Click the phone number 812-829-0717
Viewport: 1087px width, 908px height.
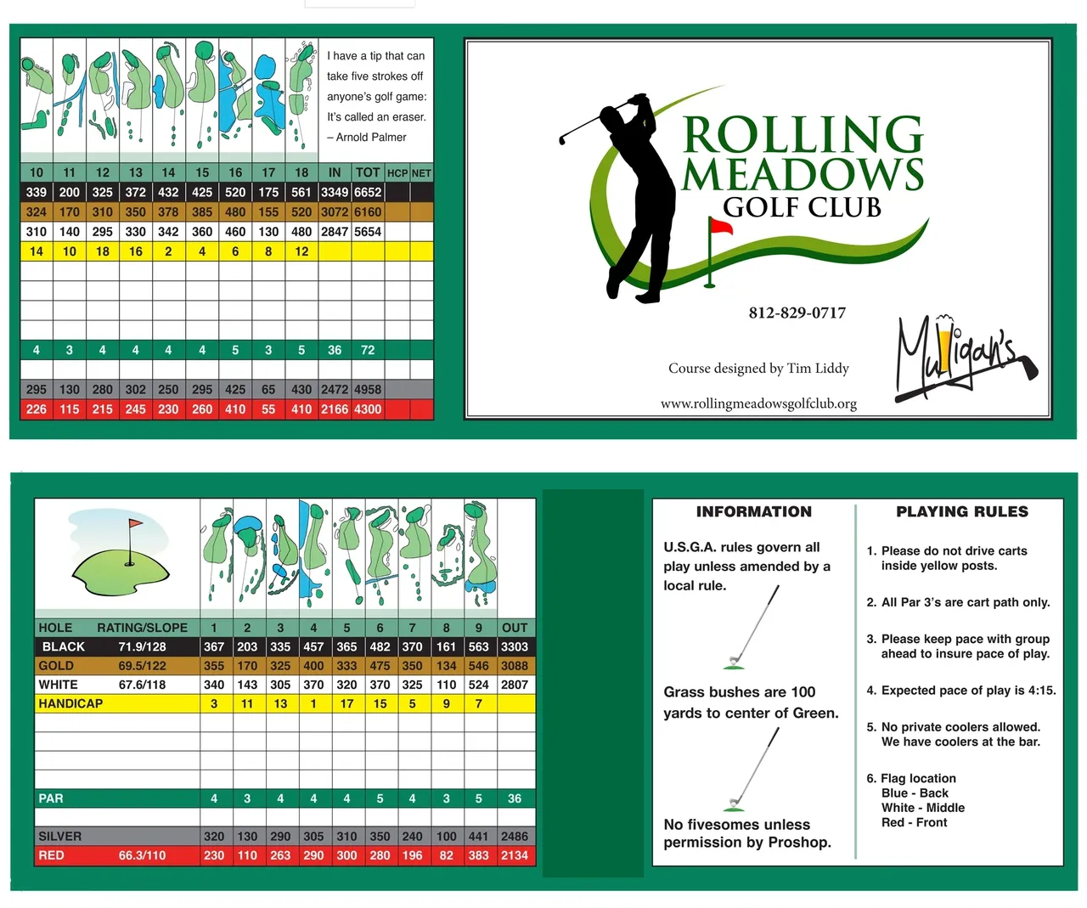(797, 313)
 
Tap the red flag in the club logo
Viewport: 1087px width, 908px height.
(721, 227)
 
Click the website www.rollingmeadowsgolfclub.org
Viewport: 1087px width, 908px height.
(758, 403)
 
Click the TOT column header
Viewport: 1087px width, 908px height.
(368, 172)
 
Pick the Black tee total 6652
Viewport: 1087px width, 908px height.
(368, 193)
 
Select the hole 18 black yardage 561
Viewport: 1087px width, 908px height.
(301, 193)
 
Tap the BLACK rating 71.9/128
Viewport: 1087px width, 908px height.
(142, 646)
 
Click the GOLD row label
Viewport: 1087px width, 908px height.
(56, 666)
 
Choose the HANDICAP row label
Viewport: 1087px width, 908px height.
(70, 703)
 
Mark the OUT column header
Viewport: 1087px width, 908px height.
(515, 628)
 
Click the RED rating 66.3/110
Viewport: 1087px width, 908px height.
(142, 855)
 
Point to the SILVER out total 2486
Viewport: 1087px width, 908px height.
(515, 836)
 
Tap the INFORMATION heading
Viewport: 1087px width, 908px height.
(753, 511)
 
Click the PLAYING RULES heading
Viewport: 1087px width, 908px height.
(962, 511)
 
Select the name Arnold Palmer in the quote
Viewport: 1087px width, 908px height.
(371, 137)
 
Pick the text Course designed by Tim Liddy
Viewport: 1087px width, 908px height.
(758, 368)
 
